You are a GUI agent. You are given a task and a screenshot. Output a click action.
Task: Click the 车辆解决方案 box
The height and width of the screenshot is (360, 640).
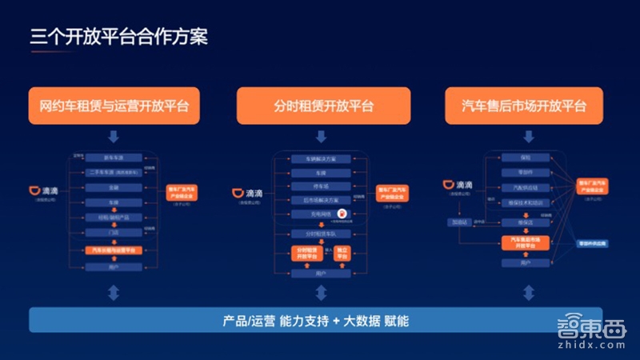coord(320,158)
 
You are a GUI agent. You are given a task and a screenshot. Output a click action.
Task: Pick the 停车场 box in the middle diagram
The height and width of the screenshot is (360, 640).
coord(320,186)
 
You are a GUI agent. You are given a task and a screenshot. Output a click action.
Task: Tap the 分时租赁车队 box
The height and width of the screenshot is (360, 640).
coord(320,233)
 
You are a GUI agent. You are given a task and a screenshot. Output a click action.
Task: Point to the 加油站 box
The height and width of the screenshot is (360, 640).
coord(458,222)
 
